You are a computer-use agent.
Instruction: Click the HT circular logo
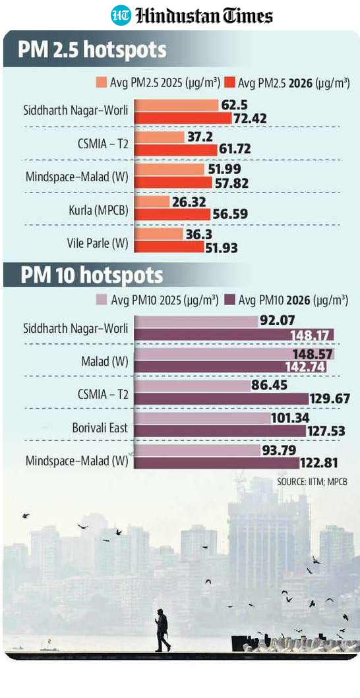pyautogui.click(x=121, y=15)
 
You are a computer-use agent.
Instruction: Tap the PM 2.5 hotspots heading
pyautogui.click(x=92, y=50)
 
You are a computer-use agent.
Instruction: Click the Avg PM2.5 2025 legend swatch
pyautogui.click(x=101, y=83)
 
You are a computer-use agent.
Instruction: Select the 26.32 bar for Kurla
pyautogui.click(x=152, y=202)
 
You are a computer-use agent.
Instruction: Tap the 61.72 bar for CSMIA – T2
pyautogui.click(x=175, y=150)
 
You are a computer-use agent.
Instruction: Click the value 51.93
pyautogui.click(x=222, y=248)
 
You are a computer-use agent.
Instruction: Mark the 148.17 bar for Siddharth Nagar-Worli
pyautogui.click(x=234, y=334)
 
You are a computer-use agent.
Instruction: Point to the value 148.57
pyautogui.click(x=316, y=354)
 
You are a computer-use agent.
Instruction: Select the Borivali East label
pyautogui.click(x=100, y=428)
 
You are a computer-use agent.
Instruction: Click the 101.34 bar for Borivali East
pyautogui.click(x=202, y=419)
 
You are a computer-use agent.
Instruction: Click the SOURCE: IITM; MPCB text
pyautogui.click(x=312, y=482)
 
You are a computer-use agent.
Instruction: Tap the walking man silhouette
pyautogui.click(x=162, y=630)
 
